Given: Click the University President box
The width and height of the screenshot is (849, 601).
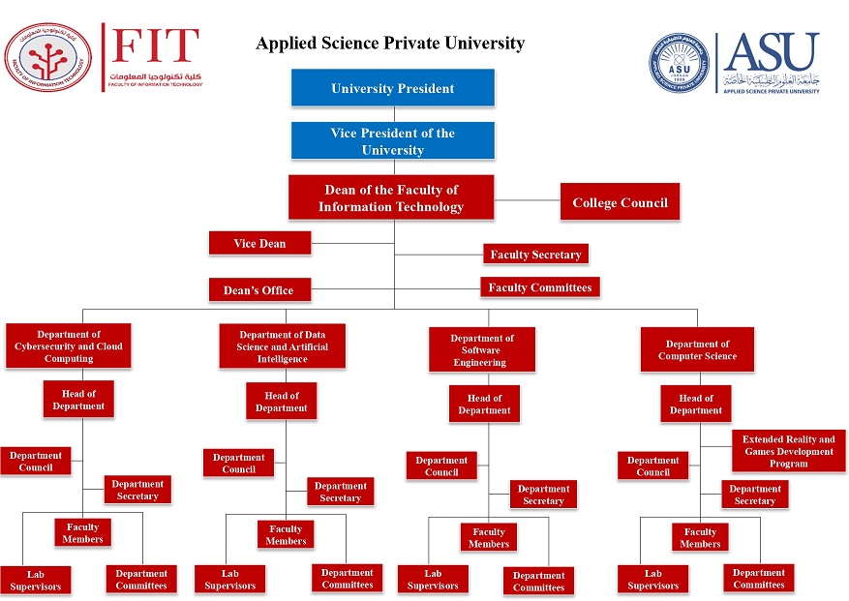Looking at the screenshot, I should (x=392, y=88).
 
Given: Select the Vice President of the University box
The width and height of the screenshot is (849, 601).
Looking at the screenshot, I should (x=392, y=141).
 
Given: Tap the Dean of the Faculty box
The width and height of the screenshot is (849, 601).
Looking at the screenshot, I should (x=391, y=198).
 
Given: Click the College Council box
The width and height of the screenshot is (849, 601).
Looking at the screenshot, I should (x=620, y=202).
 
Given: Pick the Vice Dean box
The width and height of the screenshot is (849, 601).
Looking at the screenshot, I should (x=259, y=243).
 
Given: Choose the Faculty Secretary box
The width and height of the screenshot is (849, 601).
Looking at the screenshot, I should (x=535, y=255).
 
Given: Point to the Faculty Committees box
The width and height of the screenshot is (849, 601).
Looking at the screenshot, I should (x=539, y=287).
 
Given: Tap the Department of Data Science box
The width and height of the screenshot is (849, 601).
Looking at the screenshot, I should (x=282, y=346).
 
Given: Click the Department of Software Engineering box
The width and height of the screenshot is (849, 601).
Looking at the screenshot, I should (x=481, y=350).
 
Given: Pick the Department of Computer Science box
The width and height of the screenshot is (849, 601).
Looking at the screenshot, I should (x=697, y=349).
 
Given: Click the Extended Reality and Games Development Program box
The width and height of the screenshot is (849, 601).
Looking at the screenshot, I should (x=788, y=451).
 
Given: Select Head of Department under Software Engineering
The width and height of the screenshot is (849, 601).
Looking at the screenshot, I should (x=484, y=404).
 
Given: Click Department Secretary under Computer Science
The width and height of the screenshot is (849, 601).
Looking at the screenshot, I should (x=754, y=495).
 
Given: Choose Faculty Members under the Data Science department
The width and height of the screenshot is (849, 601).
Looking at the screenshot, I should (x=286, y=534).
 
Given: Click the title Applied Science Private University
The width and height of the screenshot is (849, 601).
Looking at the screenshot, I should (x=390, y=44).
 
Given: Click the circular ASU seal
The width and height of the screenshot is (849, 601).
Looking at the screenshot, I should (x=679, y=64).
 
